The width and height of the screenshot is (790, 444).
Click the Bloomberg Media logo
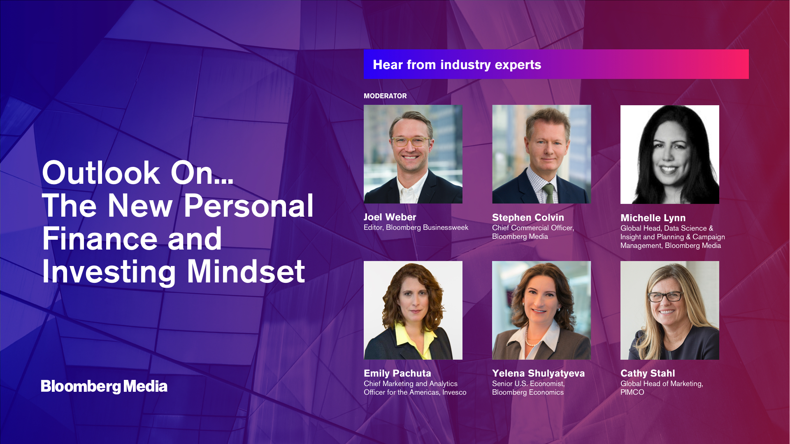(x=104, y=386)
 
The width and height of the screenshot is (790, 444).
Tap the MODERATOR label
(x=385, y=96)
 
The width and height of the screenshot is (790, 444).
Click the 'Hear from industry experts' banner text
(x=457, y=65)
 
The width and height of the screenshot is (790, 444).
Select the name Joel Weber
(x=390, y=217)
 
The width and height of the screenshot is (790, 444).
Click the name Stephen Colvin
(x=528, y=217)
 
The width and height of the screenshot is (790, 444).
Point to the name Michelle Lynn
(x=653, y=218)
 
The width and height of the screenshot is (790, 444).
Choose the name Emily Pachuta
(x=397, y=373)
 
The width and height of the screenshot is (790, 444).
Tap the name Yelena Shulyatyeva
(x=538, y=373)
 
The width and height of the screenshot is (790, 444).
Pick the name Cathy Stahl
(x=648, y=373)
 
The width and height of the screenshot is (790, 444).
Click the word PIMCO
(x=632, y=392)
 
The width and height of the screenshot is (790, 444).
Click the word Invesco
(x=454, y=392)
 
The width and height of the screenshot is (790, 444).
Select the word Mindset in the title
(x=246, y=272)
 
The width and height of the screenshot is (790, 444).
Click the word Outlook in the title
(x=101, y=173)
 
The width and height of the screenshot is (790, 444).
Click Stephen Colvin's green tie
(x=548, y=193)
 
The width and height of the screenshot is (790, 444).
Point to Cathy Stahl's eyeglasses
(x=665, y=296)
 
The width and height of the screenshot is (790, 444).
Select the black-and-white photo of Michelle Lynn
(x=670, y=155)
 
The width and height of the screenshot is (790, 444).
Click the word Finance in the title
(x=100, y=239)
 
